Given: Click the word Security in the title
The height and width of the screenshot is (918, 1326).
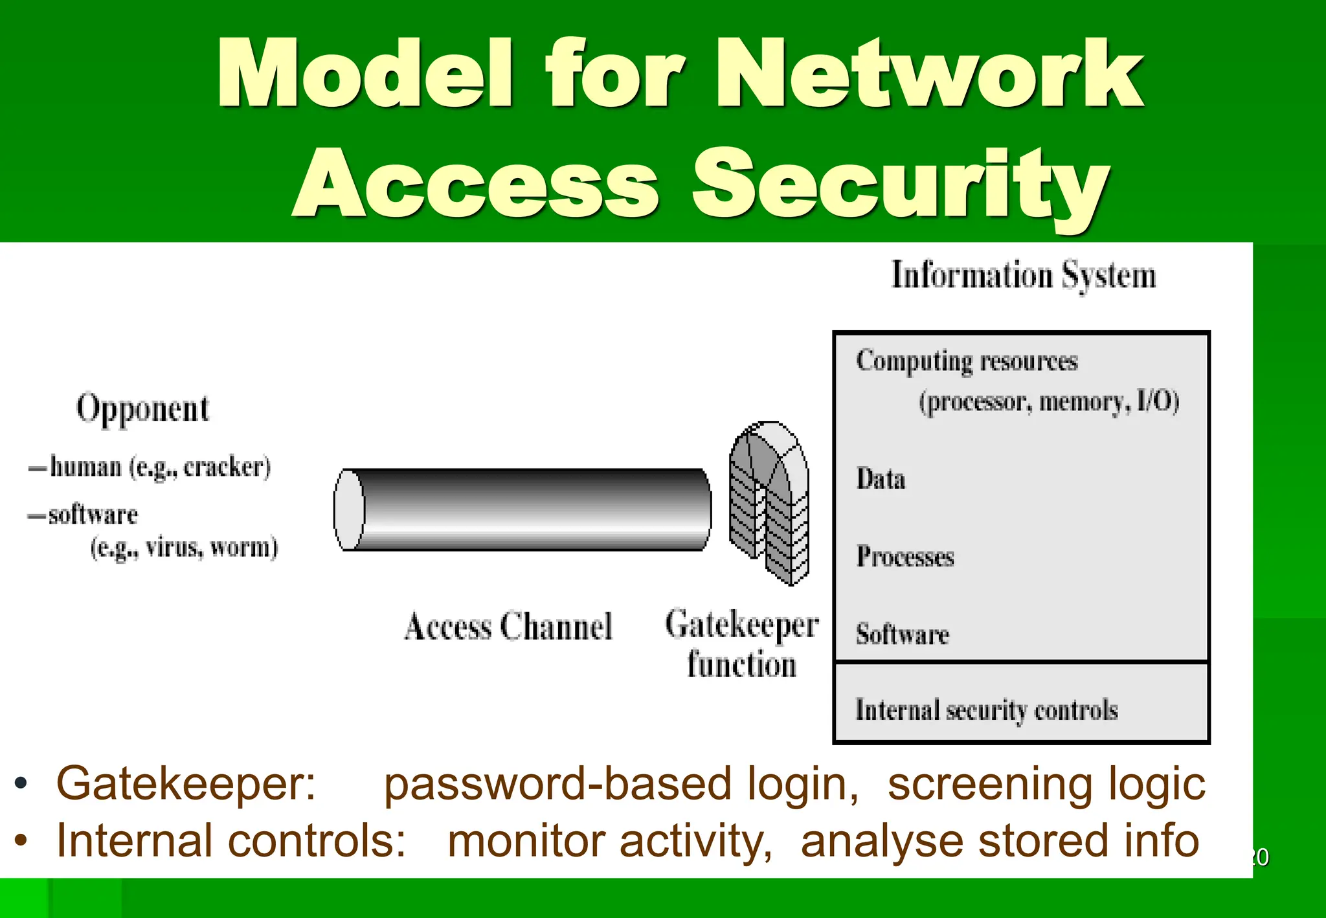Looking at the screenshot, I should pos(900,185).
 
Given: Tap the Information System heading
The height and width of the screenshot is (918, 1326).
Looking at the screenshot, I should pos(1023,275).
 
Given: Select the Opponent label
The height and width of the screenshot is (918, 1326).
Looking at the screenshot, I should pos(142,409).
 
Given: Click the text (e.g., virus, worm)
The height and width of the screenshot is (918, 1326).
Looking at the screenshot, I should pos(184,548).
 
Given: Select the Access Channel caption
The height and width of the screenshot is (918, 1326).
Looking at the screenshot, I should pos(508,627).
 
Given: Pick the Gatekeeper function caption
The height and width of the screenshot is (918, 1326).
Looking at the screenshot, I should pos(742,644).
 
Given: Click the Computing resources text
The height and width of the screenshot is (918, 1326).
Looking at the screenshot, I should pos(967,361).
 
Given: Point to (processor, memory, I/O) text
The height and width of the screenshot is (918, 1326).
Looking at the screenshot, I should pos(1049,402).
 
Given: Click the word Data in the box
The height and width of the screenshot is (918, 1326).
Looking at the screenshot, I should pos(881,479).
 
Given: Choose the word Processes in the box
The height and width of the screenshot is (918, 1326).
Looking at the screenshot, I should pos(905,557).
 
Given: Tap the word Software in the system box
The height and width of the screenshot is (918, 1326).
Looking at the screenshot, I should pos(902,634).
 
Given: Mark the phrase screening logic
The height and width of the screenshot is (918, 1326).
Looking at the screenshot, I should pos(1046,784).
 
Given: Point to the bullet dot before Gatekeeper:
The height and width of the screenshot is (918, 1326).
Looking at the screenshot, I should pos(21,783).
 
